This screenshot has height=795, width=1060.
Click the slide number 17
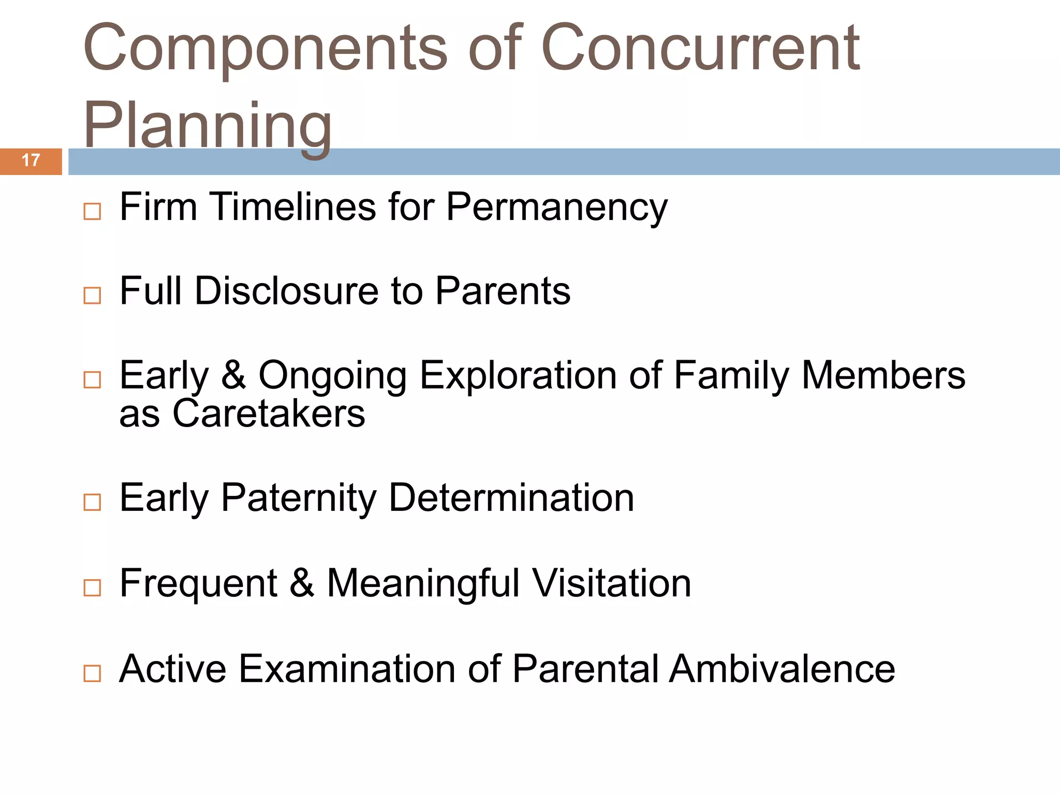pyautogui.click(x=31, y=160)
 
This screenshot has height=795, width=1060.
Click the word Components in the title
pyautogui.click(x=265, y=49)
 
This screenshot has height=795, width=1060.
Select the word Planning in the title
pyautogui.click(x=207, y=127)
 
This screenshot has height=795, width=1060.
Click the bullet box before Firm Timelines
pyautogui.click(x=92, y=211)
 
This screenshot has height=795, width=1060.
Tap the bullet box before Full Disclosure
pyautogui.click(x=92, y=296)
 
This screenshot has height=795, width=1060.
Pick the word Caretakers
pyautogui.click(x=268, y=414)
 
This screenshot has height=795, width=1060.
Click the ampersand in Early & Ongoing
pyautogui.click(x=234, y=375)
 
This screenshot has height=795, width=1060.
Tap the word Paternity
pyautogui.click(x=299, y=498)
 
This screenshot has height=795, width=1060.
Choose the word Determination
pyautogui.click(x=511, y=498)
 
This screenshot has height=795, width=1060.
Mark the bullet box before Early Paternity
pyautogui.click(x=92, y=502)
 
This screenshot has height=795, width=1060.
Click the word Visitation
pyautogui.click(x=612, y=584)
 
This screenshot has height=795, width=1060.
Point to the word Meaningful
pyautogui.click(x=423, y=584)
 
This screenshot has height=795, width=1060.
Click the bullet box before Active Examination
pyautogui.click(x=92, y=673)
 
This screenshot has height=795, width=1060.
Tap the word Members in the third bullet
pyautogui.click(x=883, y=375)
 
